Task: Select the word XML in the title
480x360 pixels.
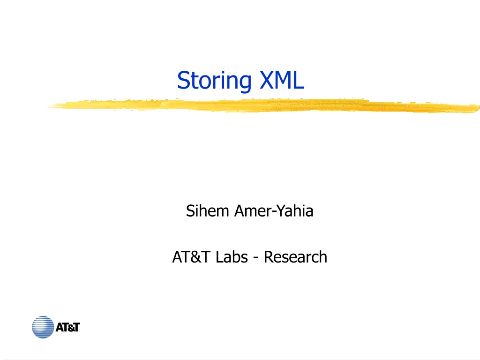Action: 282,80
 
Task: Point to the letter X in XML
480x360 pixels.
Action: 267,80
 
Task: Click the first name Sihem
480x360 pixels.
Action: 208,211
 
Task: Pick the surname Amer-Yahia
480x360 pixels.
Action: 274,211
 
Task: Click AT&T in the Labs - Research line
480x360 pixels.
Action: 191,257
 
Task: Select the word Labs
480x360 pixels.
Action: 232,257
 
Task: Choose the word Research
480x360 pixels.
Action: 295,257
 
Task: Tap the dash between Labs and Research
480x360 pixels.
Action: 256,258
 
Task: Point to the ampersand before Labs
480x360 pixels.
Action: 195,257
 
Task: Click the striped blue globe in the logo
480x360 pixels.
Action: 43,327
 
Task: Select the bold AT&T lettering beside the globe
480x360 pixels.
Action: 67,327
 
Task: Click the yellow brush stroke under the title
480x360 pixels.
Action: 264,105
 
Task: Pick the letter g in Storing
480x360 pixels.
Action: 245,83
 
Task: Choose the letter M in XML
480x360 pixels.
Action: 283,80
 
